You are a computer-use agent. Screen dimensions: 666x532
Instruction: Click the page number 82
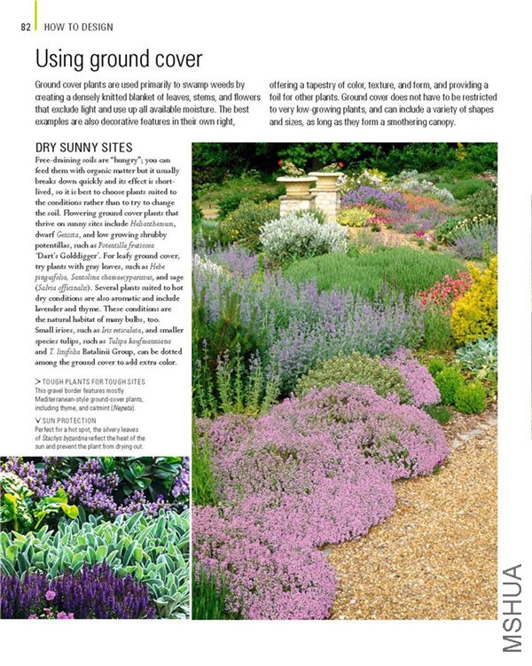[26, 27]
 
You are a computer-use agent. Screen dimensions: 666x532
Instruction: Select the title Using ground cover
[118, 59]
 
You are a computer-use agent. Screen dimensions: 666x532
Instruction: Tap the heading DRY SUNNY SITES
[83, 147]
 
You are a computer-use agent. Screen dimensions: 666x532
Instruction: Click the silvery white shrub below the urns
[301, 234]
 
